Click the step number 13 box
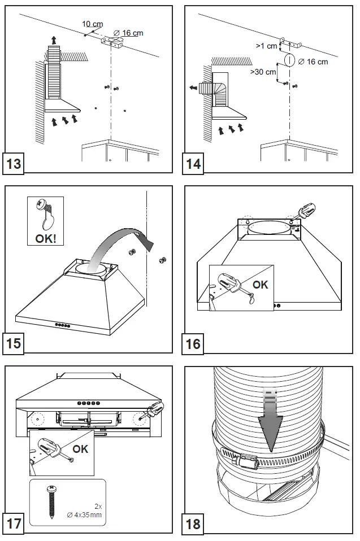15,164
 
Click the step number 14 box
193,164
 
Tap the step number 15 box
15,343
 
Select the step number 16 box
193,343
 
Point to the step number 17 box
15,523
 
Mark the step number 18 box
193,523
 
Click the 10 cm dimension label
93,24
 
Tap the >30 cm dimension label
263,72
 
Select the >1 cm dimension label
266,46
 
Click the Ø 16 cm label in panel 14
313,61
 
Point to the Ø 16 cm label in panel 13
128,33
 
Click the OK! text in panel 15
46,238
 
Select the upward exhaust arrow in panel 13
54,40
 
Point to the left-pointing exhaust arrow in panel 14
194,88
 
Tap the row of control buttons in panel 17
88,404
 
